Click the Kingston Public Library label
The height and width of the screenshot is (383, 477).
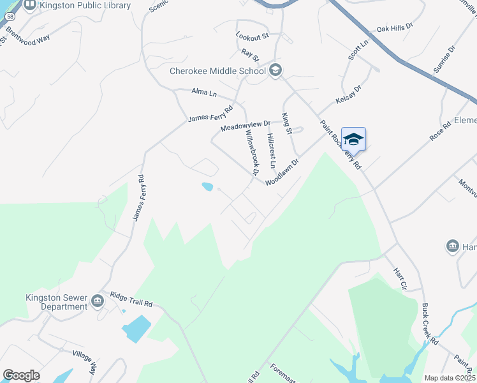85,6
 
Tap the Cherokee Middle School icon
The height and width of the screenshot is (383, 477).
275,70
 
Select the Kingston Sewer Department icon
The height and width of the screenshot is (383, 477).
97,301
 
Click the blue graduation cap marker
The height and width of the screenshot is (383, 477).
353,139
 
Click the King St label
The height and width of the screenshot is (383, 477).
286,123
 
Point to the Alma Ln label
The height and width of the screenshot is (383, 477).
204,93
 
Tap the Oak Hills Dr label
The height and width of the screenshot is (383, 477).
395,28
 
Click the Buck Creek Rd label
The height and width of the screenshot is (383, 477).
430,332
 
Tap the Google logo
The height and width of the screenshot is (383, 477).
21,375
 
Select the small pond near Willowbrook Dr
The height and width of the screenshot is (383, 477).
207,187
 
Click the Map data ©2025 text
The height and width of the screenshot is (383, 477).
450,378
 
